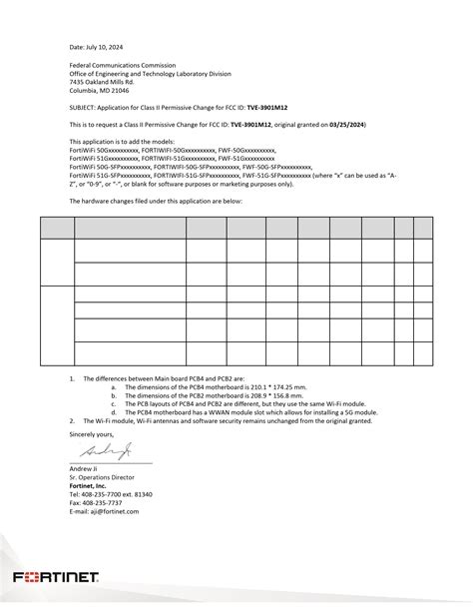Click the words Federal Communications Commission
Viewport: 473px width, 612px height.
[117, 65]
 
